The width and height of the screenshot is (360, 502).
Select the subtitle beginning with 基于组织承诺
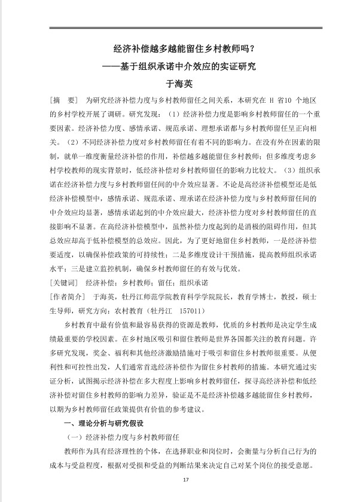click(187, 67)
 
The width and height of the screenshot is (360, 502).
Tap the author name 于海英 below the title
click(179, 83)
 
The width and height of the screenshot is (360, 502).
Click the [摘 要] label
click(63, 99)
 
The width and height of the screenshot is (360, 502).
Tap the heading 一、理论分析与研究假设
click(105, 424)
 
